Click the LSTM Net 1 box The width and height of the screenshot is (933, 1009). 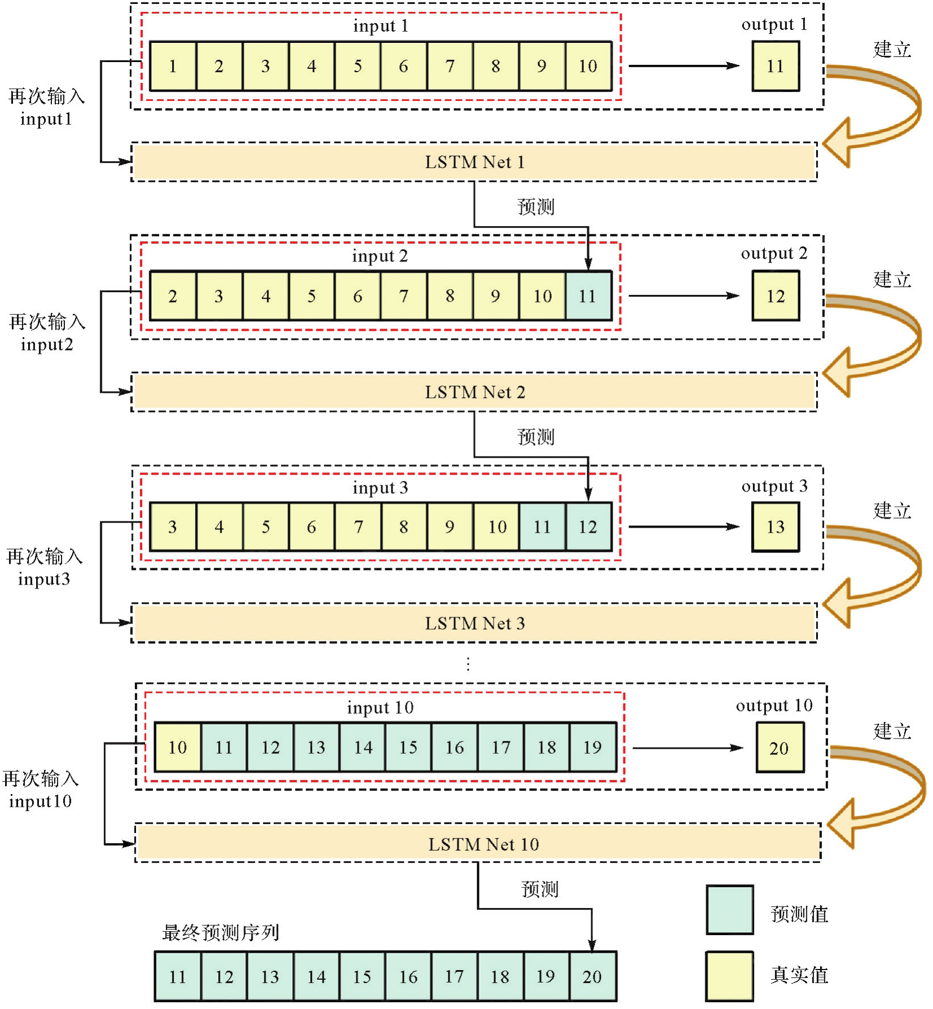click(x=474, y=162)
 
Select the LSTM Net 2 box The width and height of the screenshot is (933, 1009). click(x=474, y=392)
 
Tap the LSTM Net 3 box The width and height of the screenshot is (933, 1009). click(x=474, y=623)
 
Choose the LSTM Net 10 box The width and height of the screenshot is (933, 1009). click(x=478, y=844)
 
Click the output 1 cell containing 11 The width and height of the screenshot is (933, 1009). click(x=776, y=66)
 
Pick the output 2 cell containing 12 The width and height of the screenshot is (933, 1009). click(x=776, y=296)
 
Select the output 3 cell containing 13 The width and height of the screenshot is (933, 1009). click(x=776, y=527)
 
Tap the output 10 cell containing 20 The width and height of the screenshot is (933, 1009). click(x=780, y=748)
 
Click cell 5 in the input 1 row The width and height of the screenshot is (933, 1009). click(x=358, y=66)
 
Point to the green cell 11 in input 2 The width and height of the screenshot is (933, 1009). click(x=588, y=296)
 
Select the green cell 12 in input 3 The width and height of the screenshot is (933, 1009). click(x=588, y=527)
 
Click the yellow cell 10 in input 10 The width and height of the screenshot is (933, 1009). click(x=178, y=747)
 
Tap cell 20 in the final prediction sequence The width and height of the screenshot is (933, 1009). click(x=592, y=977)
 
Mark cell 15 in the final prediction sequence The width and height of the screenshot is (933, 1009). click(x=362, y=977)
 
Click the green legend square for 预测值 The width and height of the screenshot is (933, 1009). click(x=730, y=910)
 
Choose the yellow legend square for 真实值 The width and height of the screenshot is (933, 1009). click(x=730, y=976)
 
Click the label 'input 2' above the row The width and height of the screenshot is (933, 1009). click(x=380, y=256)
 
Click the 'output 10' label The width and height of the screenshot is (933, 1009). click(x=774, y=706)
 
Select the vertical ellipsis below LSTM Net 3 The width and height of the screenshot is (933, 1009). click(x=468, y=664)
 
